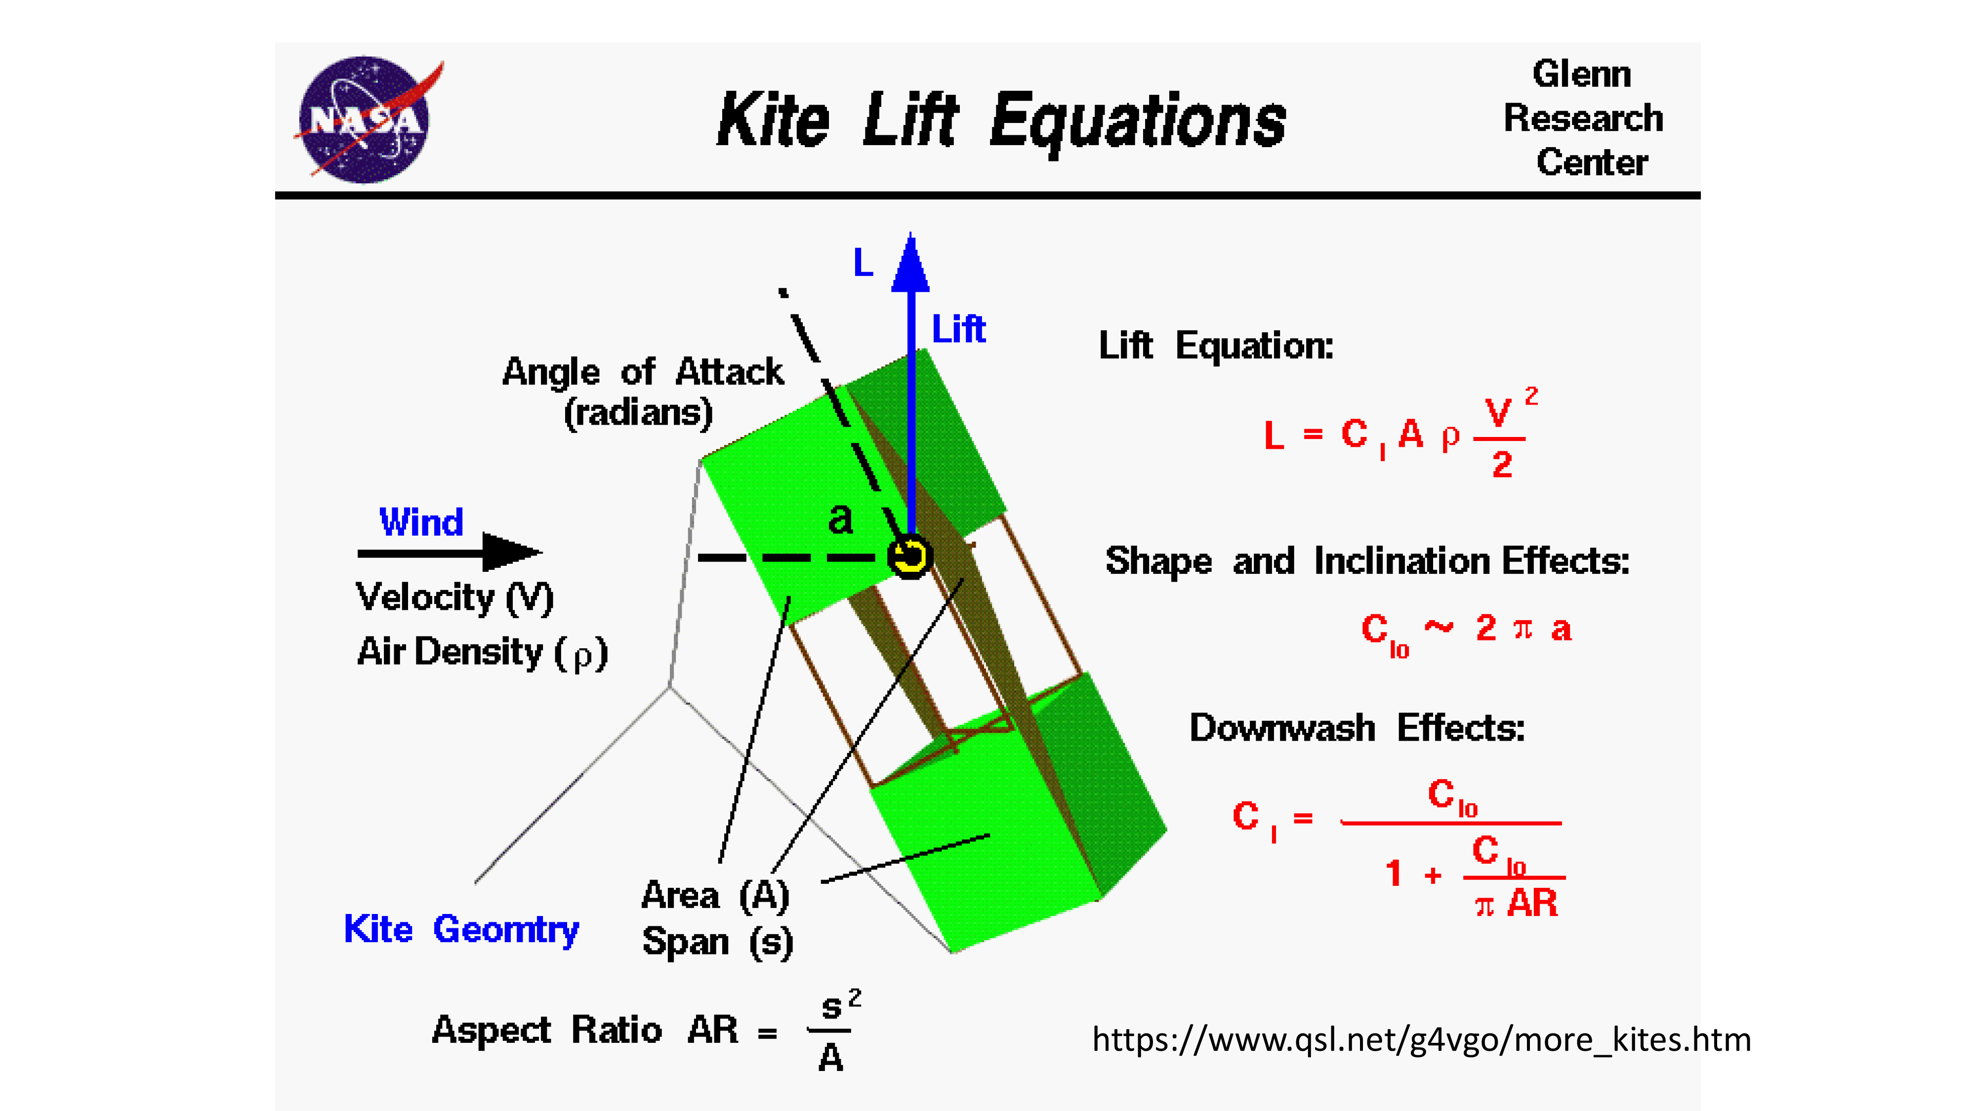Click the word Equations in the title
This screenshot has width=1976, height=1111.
pos(1137,121)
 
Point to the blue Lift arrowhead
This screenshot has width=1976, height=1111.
pos(910,265)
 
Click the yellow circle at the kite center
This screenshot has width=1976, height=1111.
pos(910,556)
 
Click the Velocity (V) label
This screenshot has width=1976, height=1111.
pos(454,597)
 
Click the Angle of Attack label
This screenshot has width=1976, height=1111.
pos(642,373)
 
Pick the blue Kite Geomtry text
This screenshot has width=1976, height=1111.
pos(461,929)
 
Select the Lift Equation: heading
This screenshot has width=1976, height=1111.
pos(1216,346)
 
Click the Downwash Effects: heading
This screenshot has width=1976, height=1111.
pos(1356,728)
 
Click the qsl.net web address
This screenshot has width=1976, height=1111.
pos(1421,1040)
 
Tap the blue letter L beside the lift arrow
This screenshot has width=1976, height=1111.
pos(863,263)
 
